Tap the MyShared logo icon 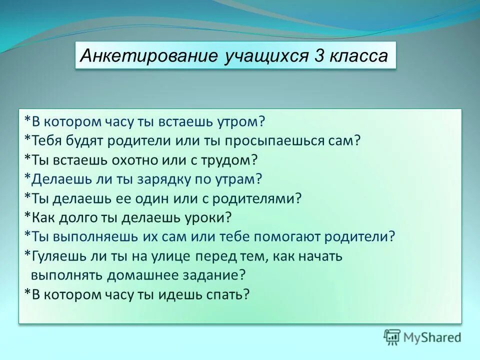point(392,336)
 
